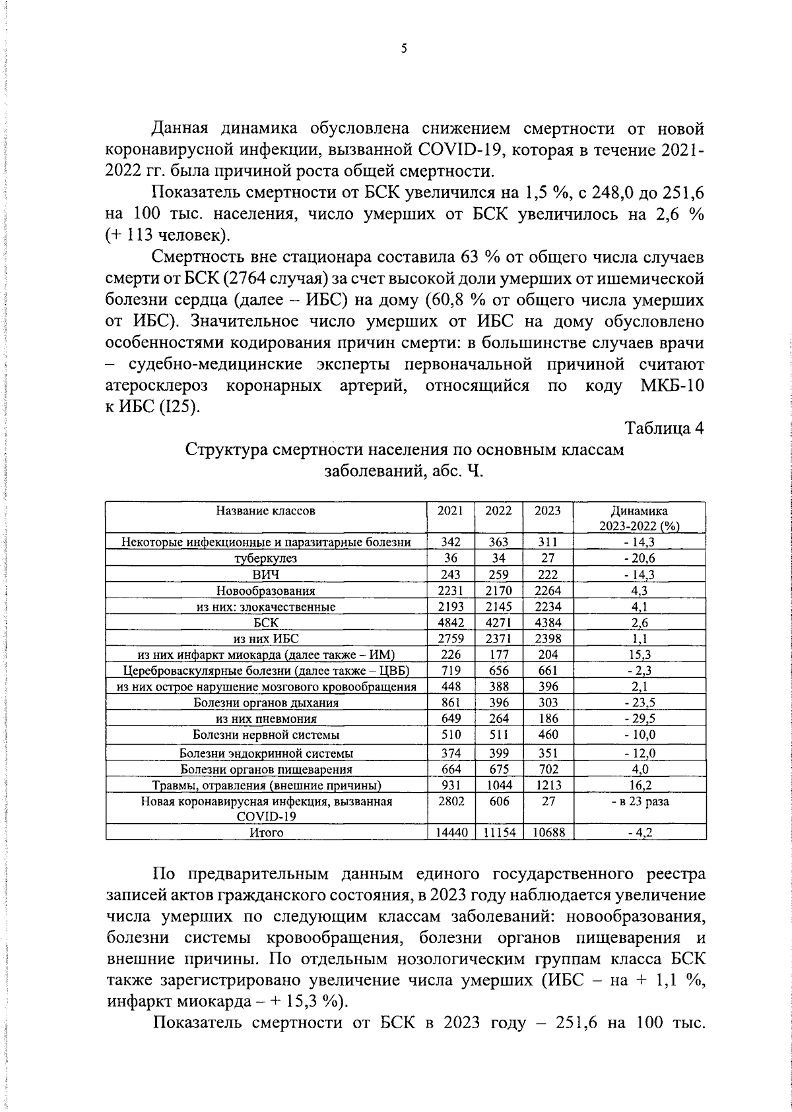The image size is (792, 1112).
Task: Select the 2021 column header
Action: [450, 510]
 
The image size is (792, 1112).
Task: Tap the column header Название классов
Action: [265, 510]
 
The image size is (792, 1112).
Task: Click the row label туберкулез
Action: [265, 558]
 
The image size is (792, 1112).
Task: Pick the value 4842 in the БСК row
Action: [451, 622]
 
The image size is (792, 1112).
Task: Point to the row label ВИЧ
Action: [265, 574]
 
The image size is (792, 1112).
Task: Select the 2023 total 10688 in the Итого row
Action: [548, 833]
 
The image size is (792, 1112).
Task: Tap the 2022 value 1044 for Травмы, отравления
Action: [499, 786]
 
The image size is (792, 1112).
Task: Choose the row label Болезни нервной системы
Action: [265, 735]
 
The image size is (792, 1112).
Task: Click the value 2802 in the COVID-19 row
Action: [451, 801]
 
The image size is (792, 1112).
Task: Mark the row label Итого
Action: [265, 833]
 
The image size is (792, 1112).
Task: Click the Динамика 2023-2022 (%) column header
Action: [640, 518]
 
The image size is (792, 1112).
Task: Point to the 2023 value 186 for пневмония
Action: [548, 718]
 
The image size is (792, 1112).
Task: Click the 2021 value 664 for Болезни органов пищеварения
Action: [451, 769]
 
